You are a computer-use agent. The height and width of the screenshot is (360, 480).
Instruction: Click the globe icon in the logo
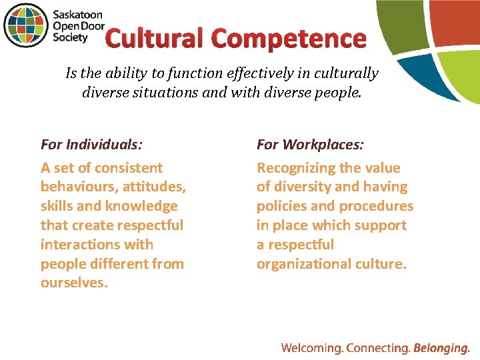click(26, 26)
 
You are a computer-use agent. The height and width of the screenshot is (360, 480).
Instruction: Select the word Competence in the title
click(290, 39)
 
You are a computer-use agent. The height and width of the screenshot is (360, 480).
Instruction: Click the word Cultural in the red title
click(155, 39)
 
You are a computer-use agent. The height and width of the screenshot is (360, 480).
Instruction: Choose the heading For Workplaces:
click(310, 144)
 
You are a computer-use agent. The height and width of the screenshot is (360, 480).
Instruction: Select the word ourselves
click(74, 283)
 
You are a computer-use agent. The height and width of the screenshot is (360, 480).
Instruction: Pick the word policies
click(281, 206)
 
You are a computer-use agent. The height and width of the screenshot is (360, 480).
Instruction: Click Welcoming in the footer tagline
click(312, 347)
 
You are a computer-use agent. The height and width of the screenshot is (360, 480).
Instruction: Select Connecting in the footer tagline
click(378, 347)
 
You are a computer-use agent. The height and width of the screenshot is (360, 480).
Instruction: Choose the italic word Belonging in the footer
click(442, 347)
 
